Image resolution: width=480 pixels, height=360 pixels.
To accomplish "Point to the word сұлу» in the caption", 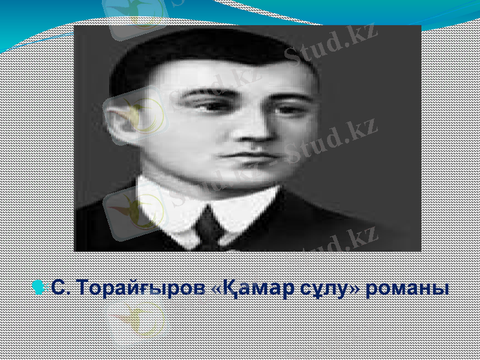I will tap(326, 289).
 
